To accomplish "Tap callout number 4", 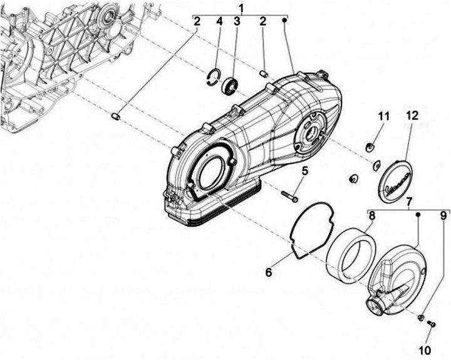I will pyautogui.click(x=219, y=23).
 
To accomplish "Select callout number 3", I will pyautogui.click(x=237, y=23).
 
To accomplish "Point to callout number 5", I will pyautogui.click(x=305, y=170).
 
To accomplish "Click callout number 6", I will pyautogui.click(x=268, y=272).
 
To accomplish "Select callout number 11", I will pyautogui.click(x=383, y=116).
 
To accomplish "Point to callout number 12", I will pyautogui.click(x=410, y=116).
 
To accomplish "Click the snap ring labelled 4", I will pyautogui.click(x=214, y=77).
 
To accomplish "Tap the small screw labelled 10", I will pyautogui.click(x=431, y=324).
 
